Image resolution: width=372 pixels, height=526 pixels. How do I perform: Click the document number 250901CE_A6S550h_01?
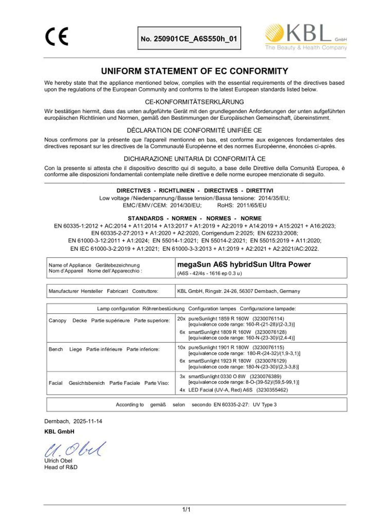click(x=189, y=39)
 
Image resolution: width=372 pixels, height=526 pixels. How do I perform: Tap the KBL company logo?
click(x=306, y=37)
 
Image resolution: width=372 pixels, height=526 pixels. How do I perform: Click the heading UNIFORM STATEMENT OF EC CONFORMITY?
click(x=194, y=71)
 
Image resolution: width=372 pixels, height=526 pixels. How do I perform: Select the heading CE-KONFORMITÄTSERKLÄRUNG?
click(x=194, y=102)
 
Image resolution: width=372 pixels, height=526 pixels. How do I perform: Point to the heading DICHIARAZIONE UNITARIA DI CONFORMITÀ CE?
click(x=194, y=159)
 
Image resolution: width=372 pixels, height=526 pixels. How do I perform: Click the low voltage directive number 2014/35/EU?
click(x=274, y=198)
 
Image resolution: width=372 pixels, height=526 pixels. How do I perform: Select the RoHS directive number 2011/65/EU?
click(x=251, y=205)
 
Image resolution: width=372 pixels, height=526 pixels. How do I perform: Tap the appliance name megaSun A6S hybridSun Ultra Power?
click(x=244, y=264)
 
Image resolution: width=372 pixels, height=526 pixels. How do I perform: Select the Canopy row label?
click(x=57, y=320)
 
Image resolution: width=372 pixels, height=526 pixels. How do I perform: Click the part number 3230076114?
click(x=268, y=319)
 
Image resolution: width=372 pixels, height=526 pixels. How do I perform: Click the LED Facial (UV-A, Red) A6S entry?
click(x=220, y=390)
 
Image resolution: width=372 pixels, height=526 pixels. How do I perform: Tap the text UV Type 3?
click(x=265, y=405)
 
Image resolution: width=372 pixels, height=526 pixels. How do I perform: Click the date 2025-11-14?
click(x=88, y=421)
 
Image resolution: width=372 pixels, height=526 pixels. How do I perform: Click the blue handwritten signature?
click(x=75, y=449)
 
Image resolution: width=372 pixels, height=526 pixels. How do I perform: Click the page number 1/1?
click(x=186, y=509)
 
